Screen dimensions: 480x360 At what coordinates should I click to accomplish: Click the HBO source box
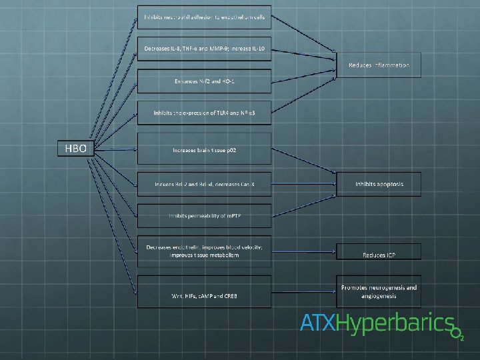75,148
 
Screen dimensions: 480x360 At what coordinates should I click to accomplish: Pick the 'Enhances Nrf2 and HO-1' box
204,81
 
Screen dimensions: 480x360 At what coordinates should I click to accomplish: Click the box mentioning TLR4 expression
204,113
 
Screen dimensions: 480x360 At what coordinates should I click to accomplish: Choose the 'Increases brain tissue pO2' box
204,149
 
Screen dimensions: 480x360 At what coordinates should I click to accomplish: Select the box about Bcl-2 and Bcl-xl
204,183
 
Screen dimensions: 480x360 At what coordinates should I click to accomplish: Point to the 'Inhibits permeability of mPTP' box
204,215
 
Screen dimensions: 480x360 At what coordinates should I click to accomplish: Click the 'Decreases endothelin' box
204,251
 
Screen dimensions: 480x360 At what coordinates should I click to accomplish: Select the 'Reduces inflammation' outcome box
379,65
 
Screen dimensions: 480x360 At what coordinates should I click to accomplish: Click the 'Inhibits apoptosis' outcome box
379,183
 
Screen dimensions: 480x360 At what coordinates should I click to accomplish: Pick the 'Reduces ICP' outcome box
379,254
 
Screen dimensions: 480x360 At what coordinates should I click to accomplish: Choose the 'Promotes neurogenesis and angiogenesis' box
379,291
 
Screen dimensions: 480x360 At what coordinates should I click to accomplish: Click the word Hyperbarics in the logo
393,324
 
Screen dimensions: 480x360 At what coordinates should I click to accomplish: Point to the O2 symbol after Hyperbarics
457,332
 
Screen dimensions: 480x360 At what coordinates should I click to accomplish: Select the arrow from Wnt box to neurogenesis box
303,291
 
